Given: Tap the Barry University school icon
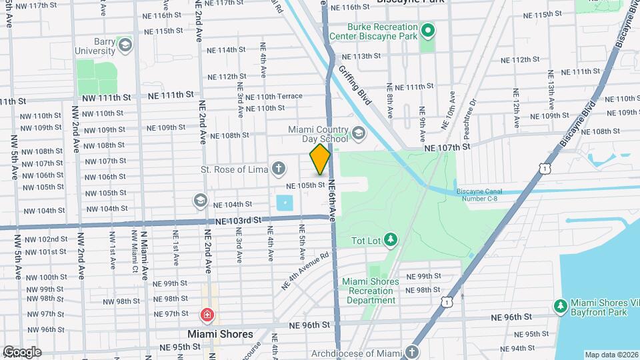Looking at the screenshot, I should click(x=124, y=45).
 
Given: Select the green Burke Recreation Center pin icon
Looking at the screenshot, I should click(x=428, y=31).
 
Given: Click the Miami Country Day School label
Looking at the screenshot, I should click(x=317, y=134).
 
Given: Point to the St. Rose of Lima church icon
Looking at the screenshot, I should click(x=278, y=169).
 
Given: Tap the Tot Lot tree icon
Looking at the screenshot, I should click(x=391, y=239).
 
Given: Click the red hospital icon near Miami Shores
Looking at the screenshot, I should click(x=207, y=315).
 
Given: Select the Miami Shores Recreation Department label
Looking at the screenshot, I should click(x=370, y=291).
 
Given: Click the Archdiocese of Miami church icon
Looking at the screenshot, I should click(x=412, y=351).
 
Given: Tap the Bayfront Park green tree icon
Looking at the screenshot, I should click(x=561, y=305).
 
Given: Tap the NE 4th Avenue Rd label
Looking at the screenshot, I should click(x=305, y=270).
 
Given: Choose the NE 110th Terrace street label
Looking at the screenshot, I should click(x=274, y=97).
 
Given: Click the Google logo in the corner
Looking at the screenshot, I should click(x=21, y=351).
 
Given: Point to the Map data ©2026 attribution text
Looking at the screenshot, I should click(x=611, y=355).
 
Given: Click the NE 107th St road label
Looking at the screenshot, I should click(x=447, y=145).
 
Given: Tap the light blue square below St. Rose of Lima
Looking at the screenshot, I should click(x=285, y=203).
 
